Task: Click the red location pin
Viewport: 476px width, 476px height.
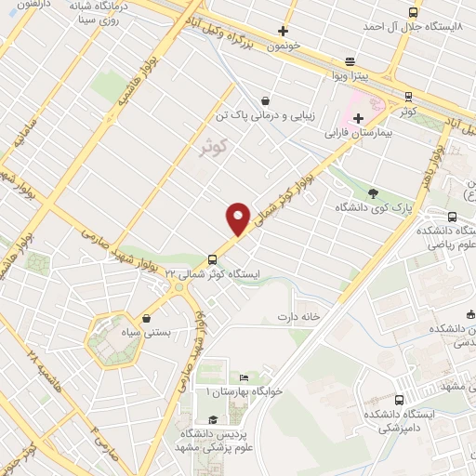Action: pos(239,218)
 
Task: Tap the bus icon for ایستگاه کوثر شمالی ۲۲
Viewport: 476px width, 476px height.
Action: pos(213,259)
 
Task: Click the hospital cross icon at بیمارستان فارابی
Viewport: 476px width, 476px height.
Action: pos(358,118)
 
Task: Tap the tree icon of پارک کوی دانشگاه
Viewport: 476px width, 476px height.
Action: pos(373,192)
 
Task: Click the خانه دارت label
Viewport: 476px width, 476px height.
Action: pos(297,317)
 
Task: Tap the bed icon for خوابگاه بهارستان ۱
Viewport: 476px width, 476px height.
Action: pos(244,377)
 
